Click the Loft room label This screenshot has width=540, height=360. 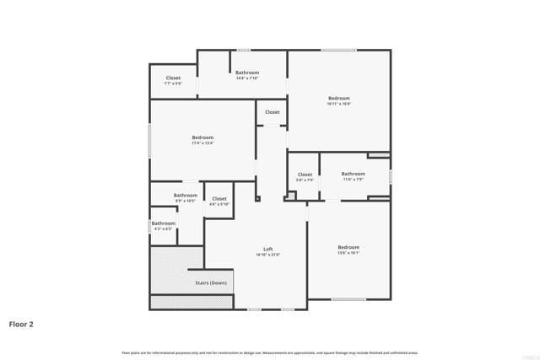coord(267,249)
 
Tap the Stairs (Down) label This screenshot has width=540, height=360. coord(211,283)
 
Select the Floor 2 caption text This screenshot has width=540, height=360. coord(21,324)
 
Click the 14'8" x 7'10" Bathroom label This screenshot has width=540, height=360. coord(247,73)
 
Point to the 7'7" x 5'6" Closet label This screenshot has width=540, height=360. coord(173,78)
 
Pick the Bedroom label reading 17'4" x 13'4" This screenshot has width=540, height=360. coord(202,137)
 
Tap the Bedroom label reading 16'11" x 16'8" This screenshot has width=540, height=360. coord(339,98)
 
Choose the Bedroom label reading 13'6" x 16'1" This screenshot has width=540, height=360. coord(348,247)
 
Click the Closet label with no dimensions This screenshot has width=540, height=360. coord(273,112)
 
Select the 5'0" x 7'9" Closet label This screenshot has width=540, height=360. coord(305,175)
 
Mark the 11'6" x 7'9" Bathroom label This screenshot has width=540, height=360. coord(354,174)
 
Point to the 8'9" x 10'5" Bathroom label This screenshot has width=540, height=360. coord(186,196)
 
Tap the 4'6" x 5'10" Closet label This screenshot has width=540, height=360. coord(219,199)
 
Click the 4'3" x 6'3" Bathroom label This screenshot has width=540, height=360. coord(164,223)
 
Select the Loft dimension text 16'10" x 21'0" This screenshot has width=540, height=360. coord(267,255)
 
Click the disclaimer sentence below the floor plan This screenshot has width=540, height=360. coord(270,352)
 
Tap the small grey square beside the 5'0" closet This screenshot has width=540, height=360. coord(291,196)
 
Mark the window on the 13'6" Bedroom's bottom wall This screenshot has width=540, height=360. coord(348,299)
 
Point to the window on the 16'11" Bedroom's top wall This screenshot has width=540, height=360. coord(338,50)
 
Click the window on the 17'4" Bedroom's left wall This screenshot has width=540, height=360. coord(150,140)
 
